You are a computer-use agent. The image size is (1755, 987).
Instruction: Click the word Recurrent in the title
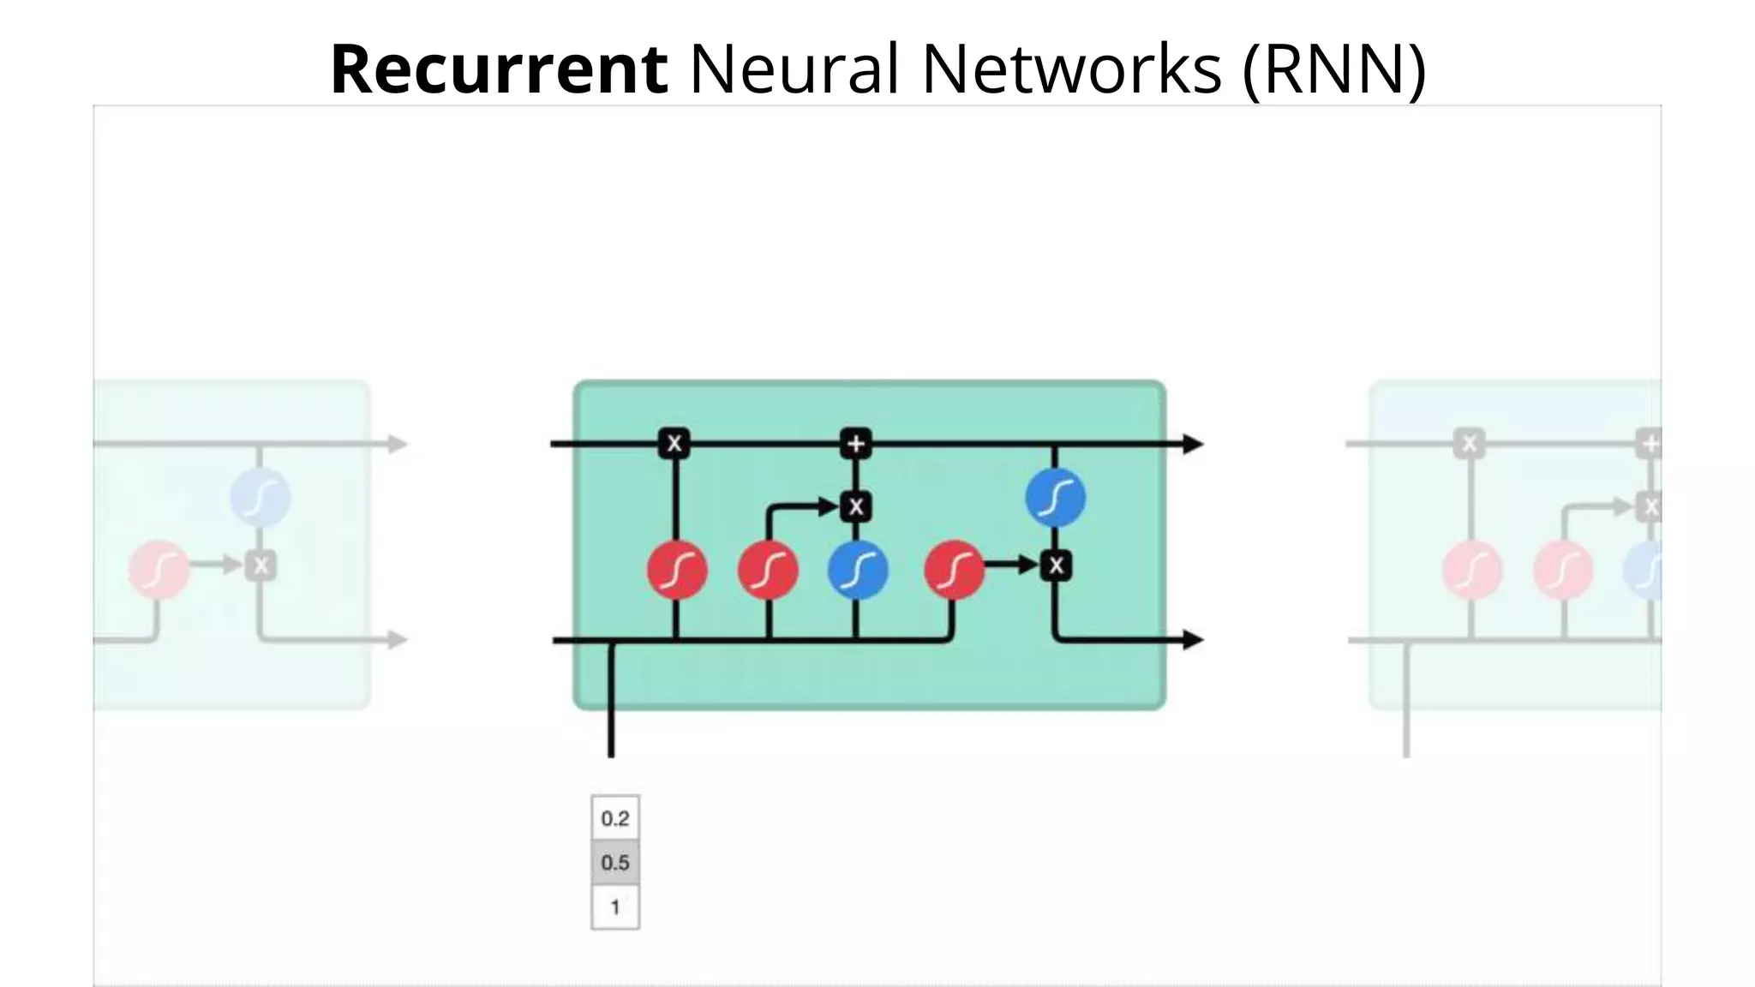499,69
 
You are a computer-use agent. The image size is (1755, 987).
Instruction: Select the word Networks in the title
1071,69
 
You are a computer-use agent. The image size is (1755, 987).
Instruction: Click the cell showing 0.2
615,818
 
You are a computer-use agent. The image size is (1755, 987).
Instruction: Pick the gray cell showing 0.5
615,863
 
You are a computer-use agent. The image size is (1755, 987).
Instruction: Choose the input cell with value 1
615,907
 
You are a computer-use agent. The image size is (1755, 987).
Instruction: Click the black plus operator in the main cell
856,444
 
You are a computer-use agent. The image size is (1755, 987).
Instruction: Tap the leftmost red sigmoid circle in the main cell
677,570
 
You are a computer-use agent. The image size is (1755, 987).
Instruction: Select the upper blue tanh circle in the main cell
1056,498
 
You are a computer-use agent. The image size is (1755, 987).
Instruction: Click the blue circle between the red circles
858,570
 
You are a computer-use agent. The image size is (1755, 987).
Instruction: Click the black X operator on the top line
674,444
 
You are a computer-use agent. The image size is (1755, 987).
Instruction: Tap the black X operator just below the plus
856,506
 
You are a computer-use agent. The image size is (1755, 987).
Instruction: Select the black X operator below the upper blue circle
1056,565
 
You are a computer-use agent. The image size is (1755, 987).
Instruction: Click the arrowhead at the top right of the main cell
1193,444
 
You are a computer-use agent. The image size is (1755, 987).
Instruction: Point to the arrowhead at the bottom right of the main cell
1193,639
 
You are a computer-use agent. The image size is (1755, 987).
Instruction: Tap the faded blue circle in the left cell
261,498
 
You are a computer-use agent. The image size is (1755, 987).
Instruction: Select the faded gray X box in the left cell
261,565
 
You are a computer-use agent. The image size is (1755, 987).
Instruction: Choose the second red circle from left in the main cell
768,570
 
